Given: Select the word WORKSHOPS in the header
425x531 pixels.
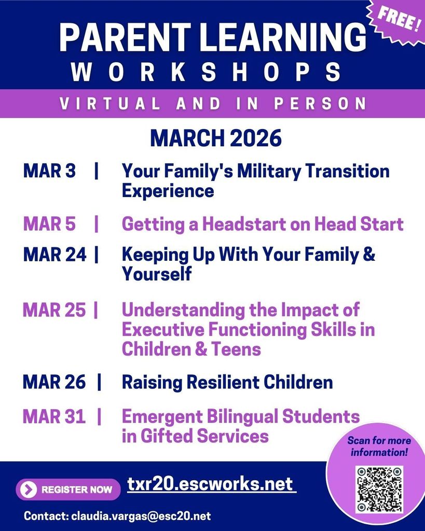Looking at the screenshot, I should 207,71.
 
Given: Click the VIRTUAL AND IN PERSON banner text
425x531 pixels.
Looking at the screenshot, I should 213,103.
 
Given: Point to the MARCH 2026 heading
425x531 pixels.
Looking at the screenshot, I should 215,138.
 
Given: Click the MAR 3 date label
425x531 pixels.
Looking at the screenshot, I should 49,171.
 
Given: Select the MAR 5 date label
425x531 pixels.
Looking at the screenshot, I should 49,224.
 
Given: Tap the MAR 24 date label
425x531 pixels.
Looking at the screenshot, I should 54,255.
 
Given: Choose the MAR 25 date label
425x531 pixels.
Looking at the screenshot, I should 54,310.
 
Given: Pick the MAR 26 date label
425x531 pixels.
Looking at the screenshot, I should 54,382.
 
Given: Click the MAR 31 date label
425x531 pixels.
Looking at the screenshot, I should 54,416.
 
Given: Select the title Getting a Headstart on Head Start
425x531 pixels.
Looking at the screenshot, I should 262,224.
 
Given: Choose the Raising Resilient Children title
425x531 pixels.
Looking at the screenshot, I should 227,382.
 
